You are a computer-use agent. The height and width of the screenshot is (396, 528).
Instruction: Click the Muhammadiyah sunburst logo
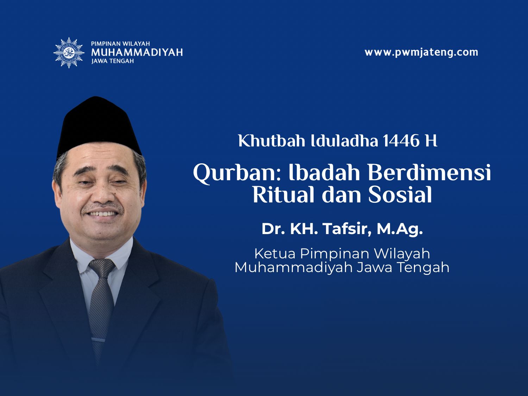pos(69,53)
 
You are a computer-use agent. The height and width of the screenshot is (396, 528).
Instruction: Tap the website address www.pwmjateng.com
pos(421,52)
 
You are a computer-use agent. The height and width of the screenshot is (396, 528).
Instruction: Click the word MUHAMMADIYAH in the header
pos(137,52)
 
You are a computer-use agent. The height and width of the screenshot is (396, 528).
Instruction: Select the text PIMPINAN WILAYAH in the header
pos(120,44)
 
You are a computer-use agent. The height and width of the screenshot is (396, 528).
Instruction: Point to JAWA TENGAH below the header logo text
pos(112,61)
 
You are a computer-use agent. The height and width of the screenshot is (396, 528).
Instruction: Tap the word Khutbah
pos(272,141)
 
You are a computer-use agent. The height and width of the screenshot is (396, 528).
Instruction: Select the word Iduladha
pos(345,141)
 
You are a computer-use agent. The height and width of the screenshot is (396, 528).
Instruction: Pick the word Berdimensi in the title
pos(429,172)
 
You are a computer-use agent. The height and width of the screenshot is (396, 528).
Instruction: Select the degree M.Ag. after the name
pos(400,230)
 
